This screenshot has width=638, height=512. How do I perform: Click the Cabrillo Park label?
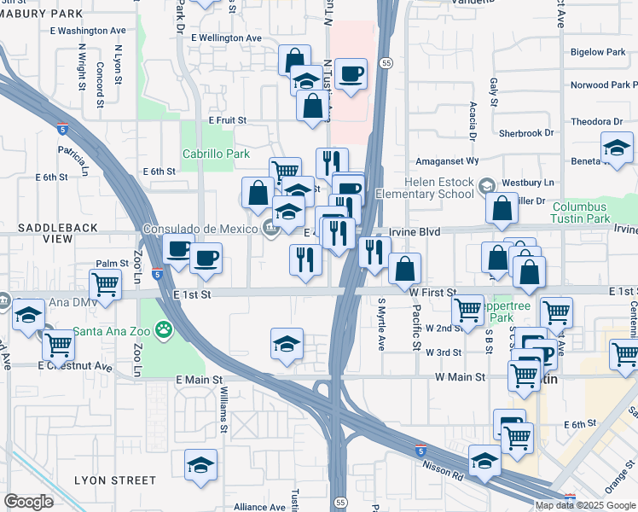(216, 154)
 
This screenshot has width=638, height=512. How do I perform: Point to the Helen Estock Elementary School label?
(426, 187)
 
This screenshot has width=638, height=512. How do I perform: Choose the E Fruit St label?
(227, 121)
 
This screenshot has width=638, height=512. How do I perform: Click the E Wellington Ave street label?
(226, 38)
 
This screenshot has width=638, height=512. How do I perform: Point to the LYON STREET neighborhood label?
(114, 480)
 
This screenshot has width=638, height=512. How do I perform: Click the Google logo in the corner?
(28, 502)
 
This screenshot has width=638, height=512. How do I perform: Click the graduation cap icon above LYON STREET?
(200, 465)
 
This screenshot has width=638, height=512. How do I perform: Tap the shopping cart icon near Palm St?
(105, 283)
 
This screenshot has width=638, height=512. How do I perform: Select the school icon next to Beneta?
(617, 148)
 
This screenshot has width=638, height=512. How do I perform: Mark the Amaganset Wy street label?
(447, 160)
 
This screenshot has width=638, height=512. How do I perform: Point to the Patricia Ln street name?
(74, 155)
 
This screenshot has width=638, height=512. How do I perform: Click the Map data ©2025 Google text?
(586, 504)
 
